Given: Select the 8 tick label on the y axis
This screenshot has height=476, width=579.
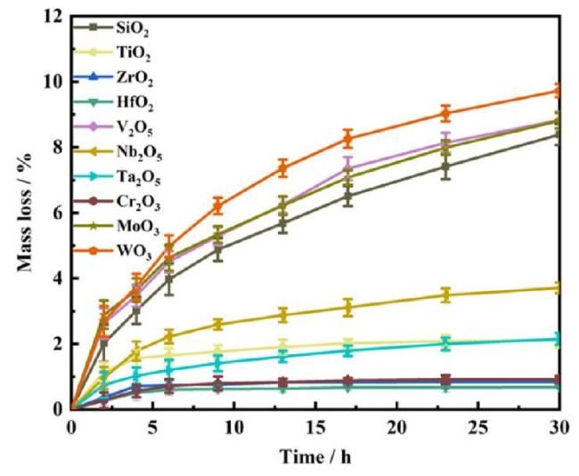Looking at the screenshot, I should (55, 147).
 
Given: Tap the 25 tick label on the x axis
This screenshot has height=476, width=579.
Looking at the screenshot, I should (477, 429).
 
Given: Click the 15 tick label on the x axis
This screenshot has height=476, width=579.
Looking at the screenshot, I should (314, 429).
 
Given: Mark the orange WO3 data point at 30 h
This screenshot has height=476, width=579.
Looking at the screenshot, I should (559, 91).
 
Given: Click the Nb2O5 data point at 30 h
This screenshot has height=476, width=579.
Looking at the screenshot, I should (559, 287).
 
